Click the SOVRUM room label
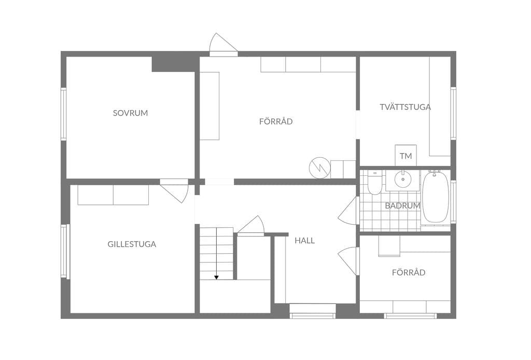pos(130,113)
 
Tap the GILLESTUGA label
pos(132,244)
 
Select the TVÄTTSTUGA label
pos(406,107)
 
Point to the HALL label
pos(304,241)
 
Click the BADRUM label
pos(402,205)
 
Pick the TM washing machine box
pos(406,156)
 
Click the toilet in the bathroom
pos(374,183)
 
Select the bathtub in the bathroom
pos(436,197)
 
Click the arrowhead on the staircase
pos(216,278)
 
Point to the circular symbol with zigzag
pos(319,168)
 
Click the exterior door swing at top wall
pos(223,45)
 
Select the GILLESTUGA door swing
pos(174,191)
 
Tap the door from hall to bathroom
pos(348,210)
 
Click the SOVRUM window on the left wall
pos(63,114)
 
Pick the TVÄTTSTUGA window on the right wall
pos(453,113)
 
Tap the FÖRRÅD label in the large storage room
pos(276,121)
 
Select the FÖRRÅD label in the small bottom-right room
pos(409,273)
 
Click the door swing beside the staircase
pos(250,225)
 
